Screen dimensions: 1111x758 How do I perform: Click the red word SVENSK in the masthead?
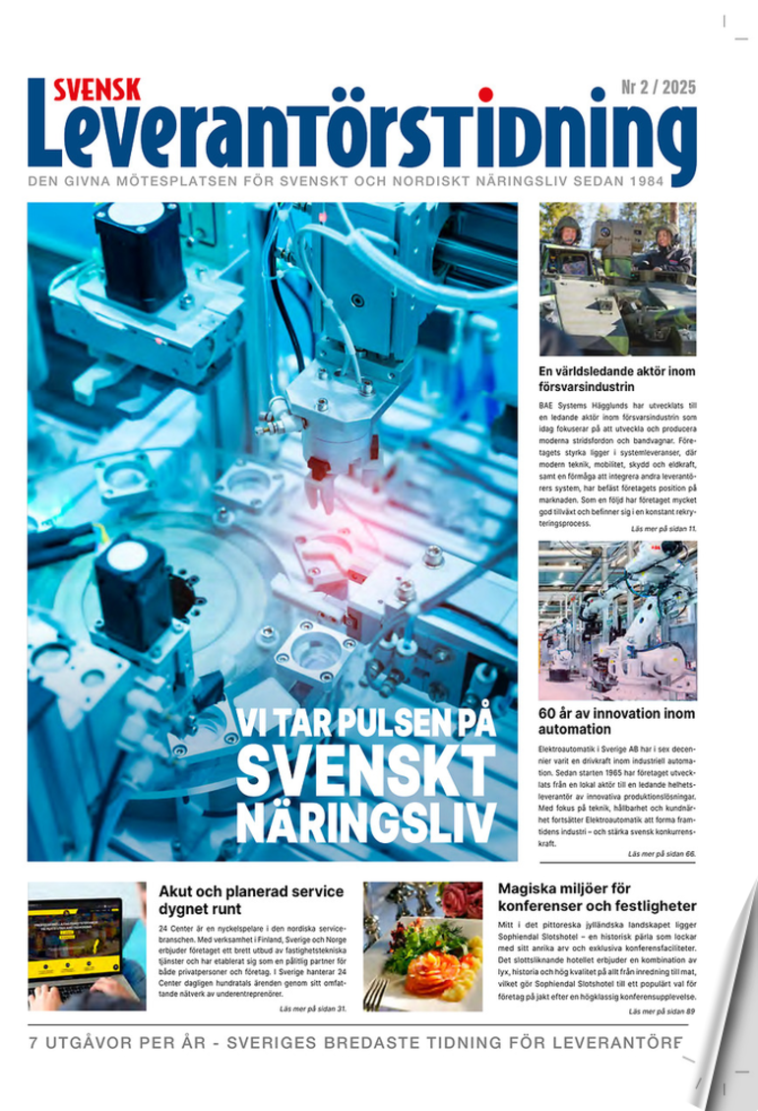point(97,90)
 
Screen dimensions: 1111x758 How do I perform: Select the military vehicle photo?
point(617,279)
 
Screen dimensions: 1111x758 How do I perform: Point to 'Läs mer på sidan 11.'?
point(663,530)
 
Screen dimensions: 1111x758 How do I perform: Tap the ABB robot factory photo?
point(617,620)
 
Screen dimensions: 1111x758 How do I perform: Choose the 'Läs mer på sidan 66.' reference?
point(662,854)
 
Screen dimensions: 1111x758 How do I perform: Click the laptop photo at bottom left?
point(87,946)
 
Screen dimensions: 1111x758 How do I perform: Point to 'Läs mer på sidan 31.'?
point(313,1009)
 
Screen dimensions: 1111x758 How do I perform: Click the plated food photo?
point(423,946)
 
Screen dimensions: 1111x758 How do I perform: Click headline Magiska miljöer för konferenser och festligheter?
point(597,897)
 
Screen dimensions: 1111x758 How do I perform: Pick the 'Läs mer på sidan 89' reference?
point(662,1012)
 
